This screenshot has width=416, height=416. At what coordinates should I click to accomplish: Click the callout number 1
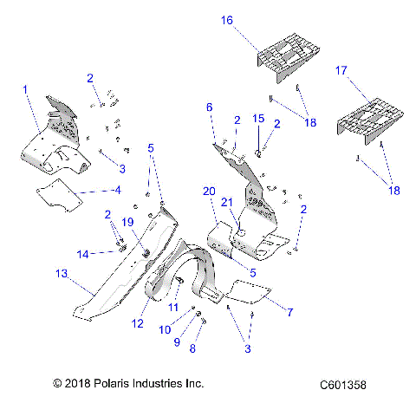(x=25, y=89)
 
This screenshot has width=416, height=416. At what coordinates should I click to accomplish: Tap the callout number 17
(x=341, y=68)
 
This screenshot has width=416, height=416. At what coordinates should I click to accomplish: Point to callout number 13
(x=61, y=274)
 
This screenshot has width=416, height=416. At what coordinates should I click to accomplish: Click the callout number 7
(x=290, y=310)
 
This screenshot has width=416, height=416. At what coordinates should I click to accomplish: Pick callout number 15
(x=257, y=117)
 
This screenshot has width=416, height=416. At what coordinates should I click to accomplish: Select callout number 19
(x=128, y=222)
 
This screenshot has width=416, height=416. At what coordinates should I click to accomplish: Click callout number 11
(x=172, y=307)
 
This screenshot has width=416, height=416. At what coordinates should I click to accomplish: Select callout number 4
(x=117, y=189)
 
